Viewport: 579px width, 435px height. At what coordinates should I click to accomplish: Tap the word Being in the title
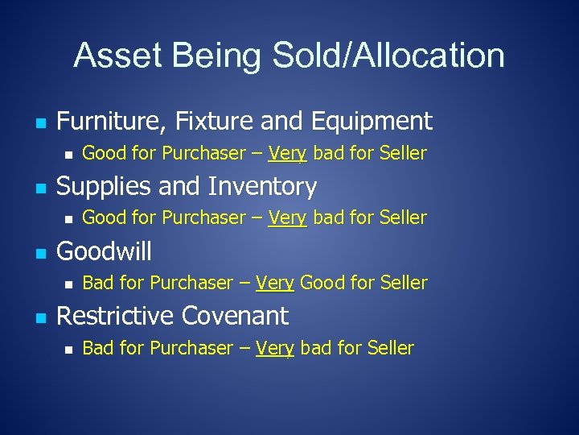pos(216,56)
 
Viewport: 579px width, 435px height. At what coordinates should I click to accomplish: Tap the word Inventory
pos(262,187)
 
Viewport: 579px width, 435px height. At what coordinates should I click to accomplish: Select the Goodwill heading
pos(104,251)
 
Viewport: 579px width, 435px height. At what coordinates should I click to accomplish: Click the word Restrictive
pos(115,316)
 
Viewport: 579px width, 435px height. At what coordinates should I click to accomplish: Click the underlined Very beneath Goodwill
pos(275,283)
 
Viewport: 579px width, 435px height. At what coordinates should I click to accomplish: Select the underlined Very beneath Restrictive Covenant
pos(275,348)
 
